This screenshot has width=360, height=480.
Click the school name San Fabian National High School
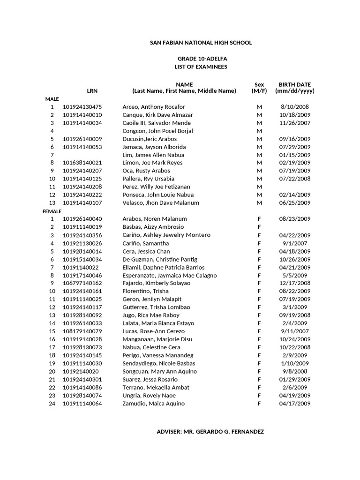(x=201, y=43)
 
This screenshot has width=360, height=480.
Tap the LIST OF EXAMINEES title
(x=201, y=67)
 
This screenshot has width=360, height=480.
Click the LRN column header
(x=92, y=91)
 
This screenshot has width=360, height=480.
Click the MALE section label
(x=52, y=99)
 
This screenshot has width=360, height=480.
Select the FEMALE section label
(x=52, y=211)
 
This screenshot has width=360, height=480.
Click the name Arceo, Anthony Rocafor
(x=154, y=107)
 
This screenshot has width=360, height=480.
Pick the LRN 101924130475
(x=82, y=107)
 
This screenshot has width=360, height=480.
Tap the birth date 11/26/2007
(x=294, y=123)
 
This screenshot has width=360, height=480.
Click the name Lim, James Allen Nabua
(x=153, y=155)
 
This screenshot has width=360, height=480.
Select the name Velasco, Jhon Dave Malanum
(x=161, y=203)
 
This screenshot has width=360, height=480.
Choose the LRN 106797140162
(x=82, y=283)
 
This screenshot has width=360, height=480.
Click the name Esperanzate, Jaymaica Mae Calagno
(x=170, y=275)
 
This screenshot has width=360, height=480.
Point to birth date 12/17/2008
(x=294, y=283)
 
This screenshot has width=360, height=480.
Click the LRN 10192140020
(x=81, y=371)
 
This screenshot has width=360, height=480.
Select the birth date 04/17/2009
(x=294, y=404)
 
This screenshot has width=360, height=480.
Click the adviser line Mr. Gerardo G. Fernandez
(x=210, y=432)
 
